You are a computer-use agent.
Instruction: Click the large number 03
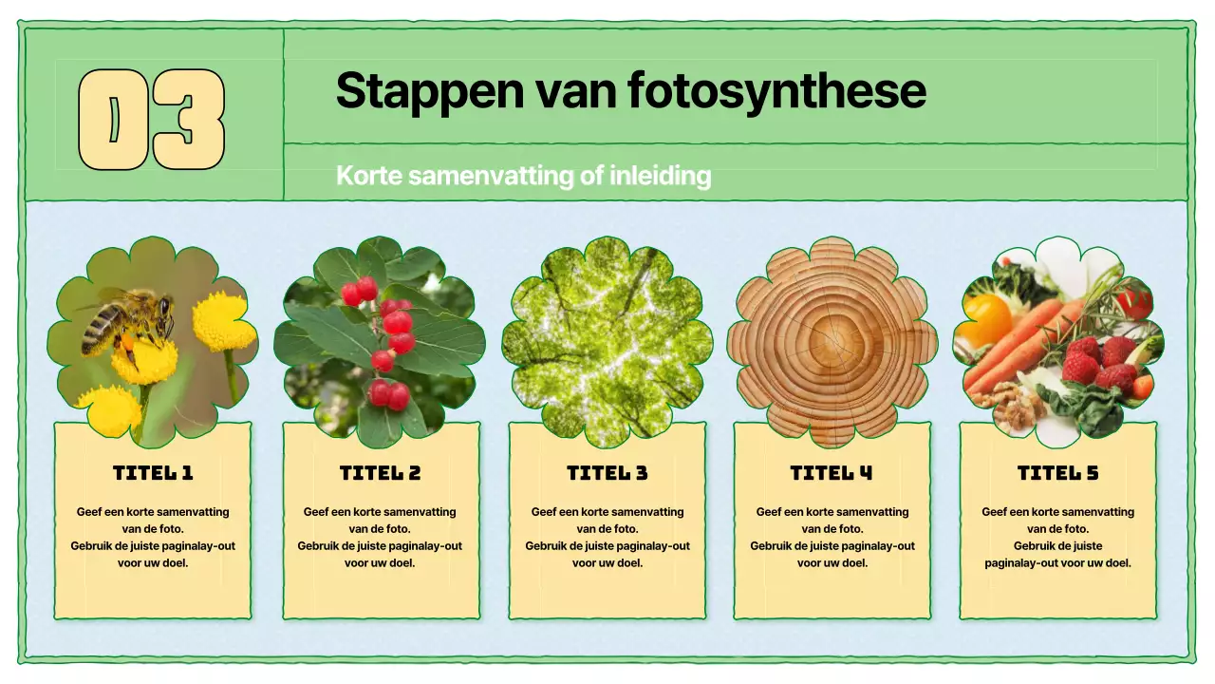152,120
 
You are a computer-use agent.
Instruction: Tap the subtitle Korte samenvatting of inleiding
523,176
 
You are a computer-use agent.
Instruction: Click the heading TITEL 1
153,473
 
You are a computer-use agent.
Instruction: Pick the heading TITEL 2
381,473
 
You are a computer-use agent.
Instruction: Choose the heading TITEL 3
607,473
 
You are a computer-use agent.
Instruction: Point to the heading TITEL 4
832,473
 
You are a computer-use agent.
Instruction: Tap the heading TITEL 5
1057,473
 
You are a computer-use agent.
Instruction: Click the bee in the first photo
128,318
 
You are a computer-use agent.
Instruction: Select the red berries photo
380,342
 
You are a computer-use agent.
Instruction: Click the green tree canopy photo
607,342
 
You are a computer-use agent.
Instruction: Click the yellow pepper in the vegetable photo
987,318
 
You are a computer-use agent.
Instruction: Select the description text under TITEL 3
607,537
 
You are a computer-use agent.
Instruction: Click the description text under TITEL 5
1057,537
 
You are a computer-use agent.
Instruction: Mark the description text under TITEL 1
153,537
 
